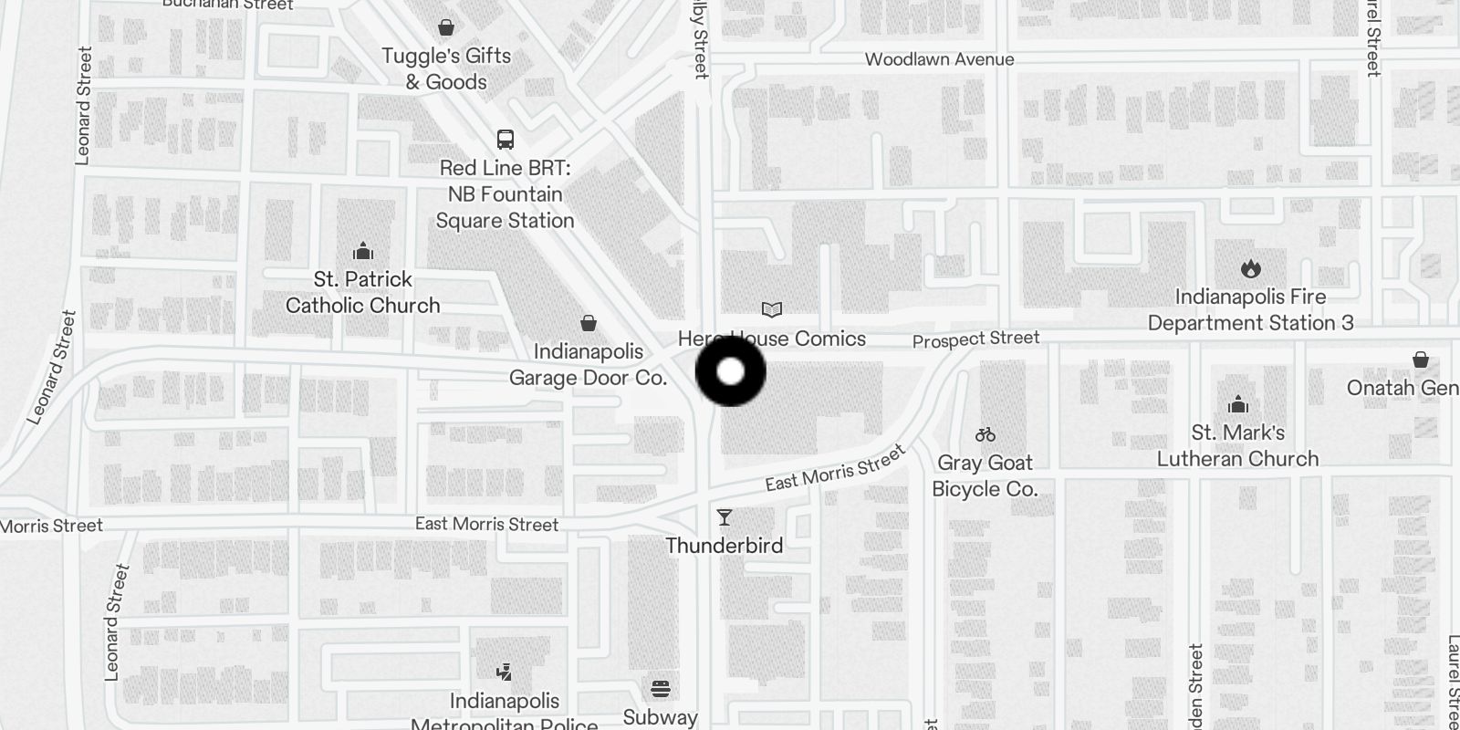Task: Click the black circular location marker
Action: pyautogui.click(x=731, y=371)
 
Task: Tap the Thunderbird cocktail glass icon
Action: pyautogui.click(x=725, y=518)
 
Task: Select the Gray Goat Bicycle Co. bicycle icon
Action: pyautogui.click(x=985, y=435)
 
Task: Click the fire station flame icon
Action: pyautogui.click(x=1250, y=268)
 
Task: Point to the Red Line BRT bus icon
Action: pyautogui.click(x=505, y=140)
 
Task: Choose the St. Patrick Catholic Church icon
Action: pyautogui.click(x=363, y=251)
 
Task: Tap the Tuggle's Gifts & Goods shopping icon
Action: pyautogui.click(x=446, y=27)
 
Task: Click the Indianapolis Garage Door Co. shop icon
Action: pyautogui.click(x=589, y=323)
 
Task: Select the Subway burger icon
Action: pyautogui.click(x=661, y=688)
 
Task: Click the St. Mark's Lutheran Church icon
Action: pyautogui.click(x=1238, y=403)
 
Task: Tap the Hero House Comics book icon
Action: pyautogui.click(x=772, y=310)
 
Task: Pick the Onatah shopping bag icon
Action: pyautogui.click(x=1421, y=360)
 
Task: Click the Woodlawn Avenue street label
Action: pyautogui.click(x=939, y=60)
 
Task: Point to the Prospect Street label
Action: pyautogui.click(x=975, y=339)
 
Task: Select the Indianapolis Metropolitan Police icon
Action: pyautogui.click(x=503, y=673)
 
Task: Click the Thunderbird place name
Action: pyautogui.click(x=725, y=546)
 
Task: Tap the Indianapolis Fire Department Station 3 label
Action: pyautogui.click(x=1250, y=310)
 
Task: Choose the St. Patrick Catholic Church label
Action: pyautogui.click(x=363, y=292)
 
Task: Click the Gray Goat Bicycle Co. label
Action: pyautogui.click(x=985, y=475)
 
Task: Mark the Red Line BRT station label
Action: pyautogui.click(x=505, y=194)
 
